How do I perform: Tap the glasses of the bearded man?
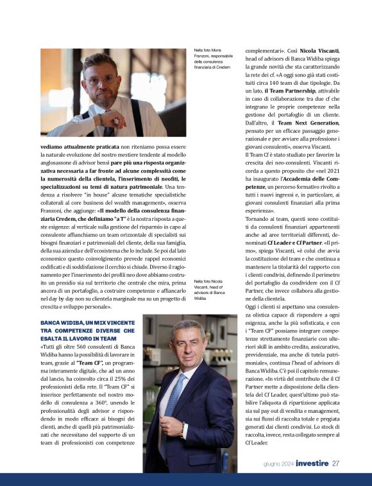pyautogui.click(x=101, y=79)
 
